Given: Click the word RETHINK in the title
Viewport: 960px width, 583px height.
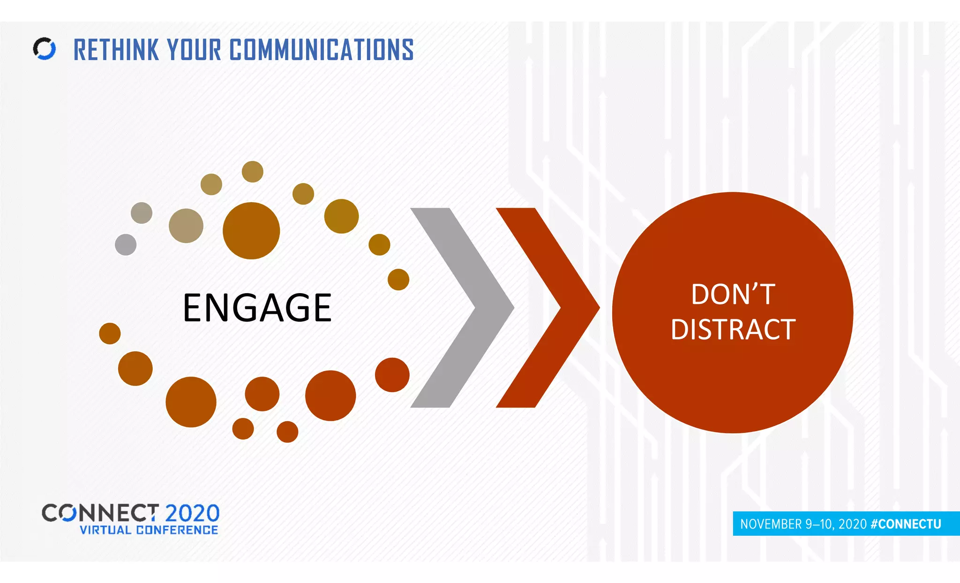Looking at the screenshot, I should [116, 50].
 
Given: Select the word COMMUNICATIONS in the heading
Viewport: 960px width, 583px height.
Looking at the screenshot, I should [322, 50].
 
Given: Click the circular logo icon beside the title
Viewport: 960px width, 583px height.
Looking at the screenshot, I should [45, 49].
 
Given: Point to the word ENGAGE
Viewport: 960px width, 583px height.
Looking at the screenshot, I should [257, 308].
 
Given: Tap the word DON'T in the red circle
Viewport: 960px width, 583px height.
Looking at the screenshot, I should [733, 295].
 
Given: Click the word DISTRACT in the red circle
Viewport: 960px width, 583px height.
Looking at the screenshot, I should [733, 329].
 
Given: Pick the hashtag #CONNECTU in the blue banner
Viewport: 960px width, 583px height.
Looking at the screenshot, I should [906, 524].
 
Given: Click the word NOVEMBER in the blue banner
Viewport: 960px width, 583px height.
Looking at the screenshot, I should [771, 524].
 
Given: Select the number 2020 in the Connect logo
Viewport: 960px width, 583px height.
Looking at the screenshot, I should [192, 513].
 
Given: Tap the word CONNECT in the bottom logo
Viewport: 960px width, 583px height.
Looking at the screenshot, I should [100, 513].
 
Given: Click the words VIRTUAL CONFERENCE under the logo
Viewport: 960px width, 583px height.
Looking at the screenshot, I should [149, 530].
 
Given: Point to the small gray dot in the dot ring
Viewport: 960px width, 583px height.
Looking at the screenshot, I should [126, 244].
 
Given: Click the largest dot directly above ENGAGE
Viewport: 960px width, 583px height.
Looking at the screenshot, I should [251, 231].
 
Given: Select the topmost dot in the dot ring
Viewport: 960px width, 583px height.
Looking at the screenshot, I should [253, 172].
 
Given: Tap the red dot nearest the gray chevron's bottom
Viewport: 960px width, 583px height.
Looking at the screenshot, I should [392, 375].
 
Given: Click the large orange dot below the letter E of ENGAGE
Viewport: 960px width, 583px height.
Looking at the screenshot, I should [191, 402].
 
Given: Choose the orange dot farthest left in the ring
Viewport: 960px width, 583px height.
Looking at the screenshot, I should [110, 333].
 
